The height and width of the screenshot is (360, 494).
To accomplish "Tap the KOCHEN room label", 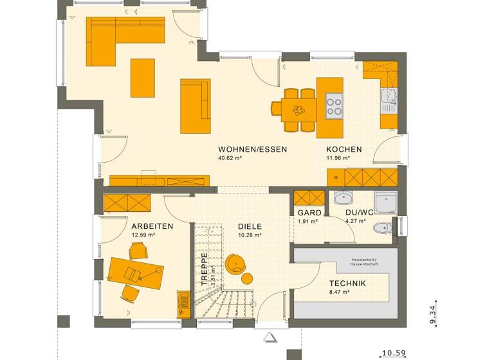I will [x=343, y=149].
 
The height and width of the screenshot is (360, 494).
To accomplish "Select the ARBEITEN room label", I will [x=152, y=226].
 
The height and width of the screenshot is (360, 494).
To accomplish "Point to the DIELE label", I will [x=250, y=226].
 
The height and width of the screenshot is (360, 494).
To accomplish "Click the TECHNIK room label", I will [x=347, y=283].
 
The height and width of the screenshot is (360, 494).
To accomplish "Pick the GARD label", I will [x=308, y=213].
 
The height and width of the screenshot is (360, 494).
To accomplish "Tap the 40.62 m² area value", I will [x=230, y=158].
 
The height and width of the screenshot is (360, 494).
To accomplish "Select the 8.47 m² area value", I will [x=339, y=292].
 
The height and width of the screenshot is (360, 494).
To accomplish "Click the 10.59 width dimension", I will [x=394, y=352].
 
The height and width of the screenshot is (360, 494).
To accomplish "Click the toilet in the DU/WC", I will [x=382, y=226].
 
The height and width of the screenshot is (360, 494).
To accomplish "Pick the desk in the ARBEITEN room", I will [x=135, y=271].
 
